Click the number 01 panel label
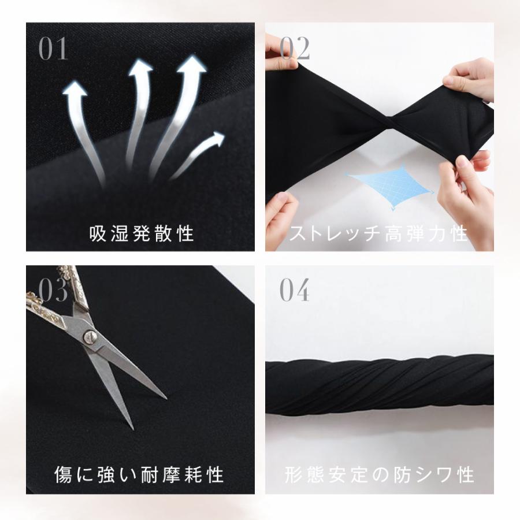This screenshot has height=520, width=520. tap(53, 49)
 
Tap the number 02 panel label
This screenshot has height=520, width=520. tap(295, 49)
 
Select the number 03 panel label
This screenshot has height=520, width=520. tap(53, 291)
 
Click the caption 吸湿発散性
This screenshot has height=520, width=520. tap(141, 233)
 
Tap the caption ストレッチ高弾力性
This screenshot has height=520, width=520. tap(378, 233)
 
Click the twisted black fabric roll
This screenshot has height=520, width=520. tap(379, 385)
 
